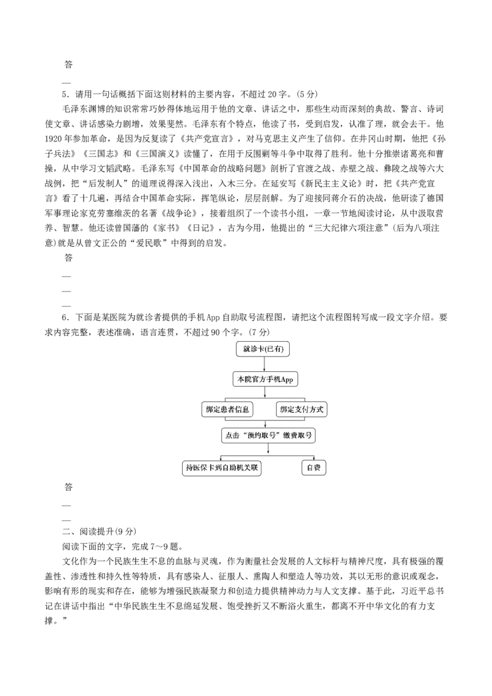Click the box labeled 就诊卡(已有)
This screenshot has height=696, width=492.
tap(263, 349)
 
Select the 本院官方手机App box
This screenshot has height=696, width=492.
tap(264, 379)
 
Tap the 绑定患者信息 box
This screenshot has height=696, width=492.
tap(228, 409)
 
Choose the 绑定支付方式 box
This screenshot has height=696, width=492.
tap(301, 409)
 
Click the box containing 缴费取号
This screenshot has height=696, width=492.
tap(268, 435)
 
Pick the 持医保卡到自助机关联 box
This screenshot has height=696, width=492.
tap(222, 468)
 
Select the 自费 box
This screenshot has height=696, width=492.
tap(314, 468)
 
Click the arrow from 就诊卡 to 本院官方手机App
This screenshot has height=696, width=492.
tap(264, 364)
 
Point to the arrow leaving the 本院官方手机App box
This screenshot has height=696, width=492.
tap(264, 392)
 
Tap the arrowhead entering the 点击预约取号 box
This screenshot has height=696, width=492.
tap(264, 425)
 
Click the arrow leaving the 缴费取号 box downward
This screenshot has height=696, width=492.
tap(268, 449)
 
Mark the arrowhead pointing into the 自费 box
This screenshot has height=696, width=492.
tap(314, 459)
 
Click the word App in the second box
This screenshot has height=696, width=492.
tap(289, 380)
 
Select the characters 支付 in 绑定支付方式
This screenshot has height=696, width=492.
tap(301, 409)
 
